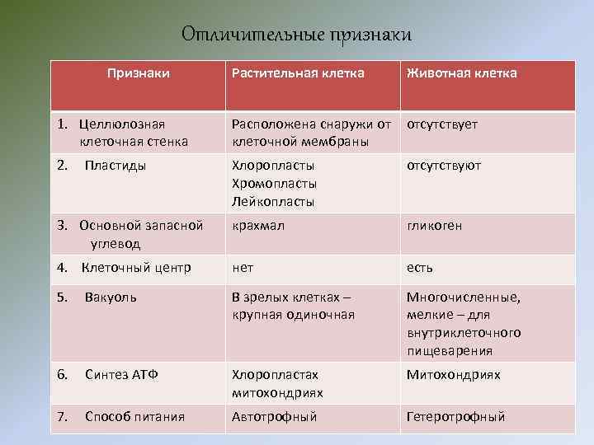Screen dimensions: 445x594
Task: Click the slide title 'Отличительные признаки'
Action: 295,35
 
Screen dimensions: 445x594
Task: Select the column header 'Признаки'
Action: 139,73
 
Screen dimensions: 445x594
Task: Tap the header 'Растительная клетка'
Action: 298,73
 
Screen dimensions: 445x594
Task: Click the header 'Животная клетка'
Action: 461,73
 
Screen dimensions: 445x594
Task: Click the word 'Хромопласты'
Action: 275,184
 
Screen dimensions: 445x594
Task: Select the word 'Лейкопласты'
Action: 274,202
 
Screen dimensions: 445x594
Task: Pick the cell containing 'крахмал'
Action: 258,226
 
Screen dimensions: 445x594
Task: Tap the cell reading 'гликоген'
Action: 434,226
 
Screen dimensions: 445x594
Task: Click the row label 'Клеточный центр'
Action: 135,268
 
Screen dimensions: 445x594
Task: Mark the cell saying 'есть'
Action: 419,268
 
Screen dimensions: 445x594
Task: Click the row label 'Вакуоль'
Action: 111,297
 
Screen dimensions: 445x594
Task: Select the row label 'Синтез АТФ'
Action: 121,374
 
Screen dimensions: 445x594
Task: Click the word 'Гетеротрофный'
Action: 455,417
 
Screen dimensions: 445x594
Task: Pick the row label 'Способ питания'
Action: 134,417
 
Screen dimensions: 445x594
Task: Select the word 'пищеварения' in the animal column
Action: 450,351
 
